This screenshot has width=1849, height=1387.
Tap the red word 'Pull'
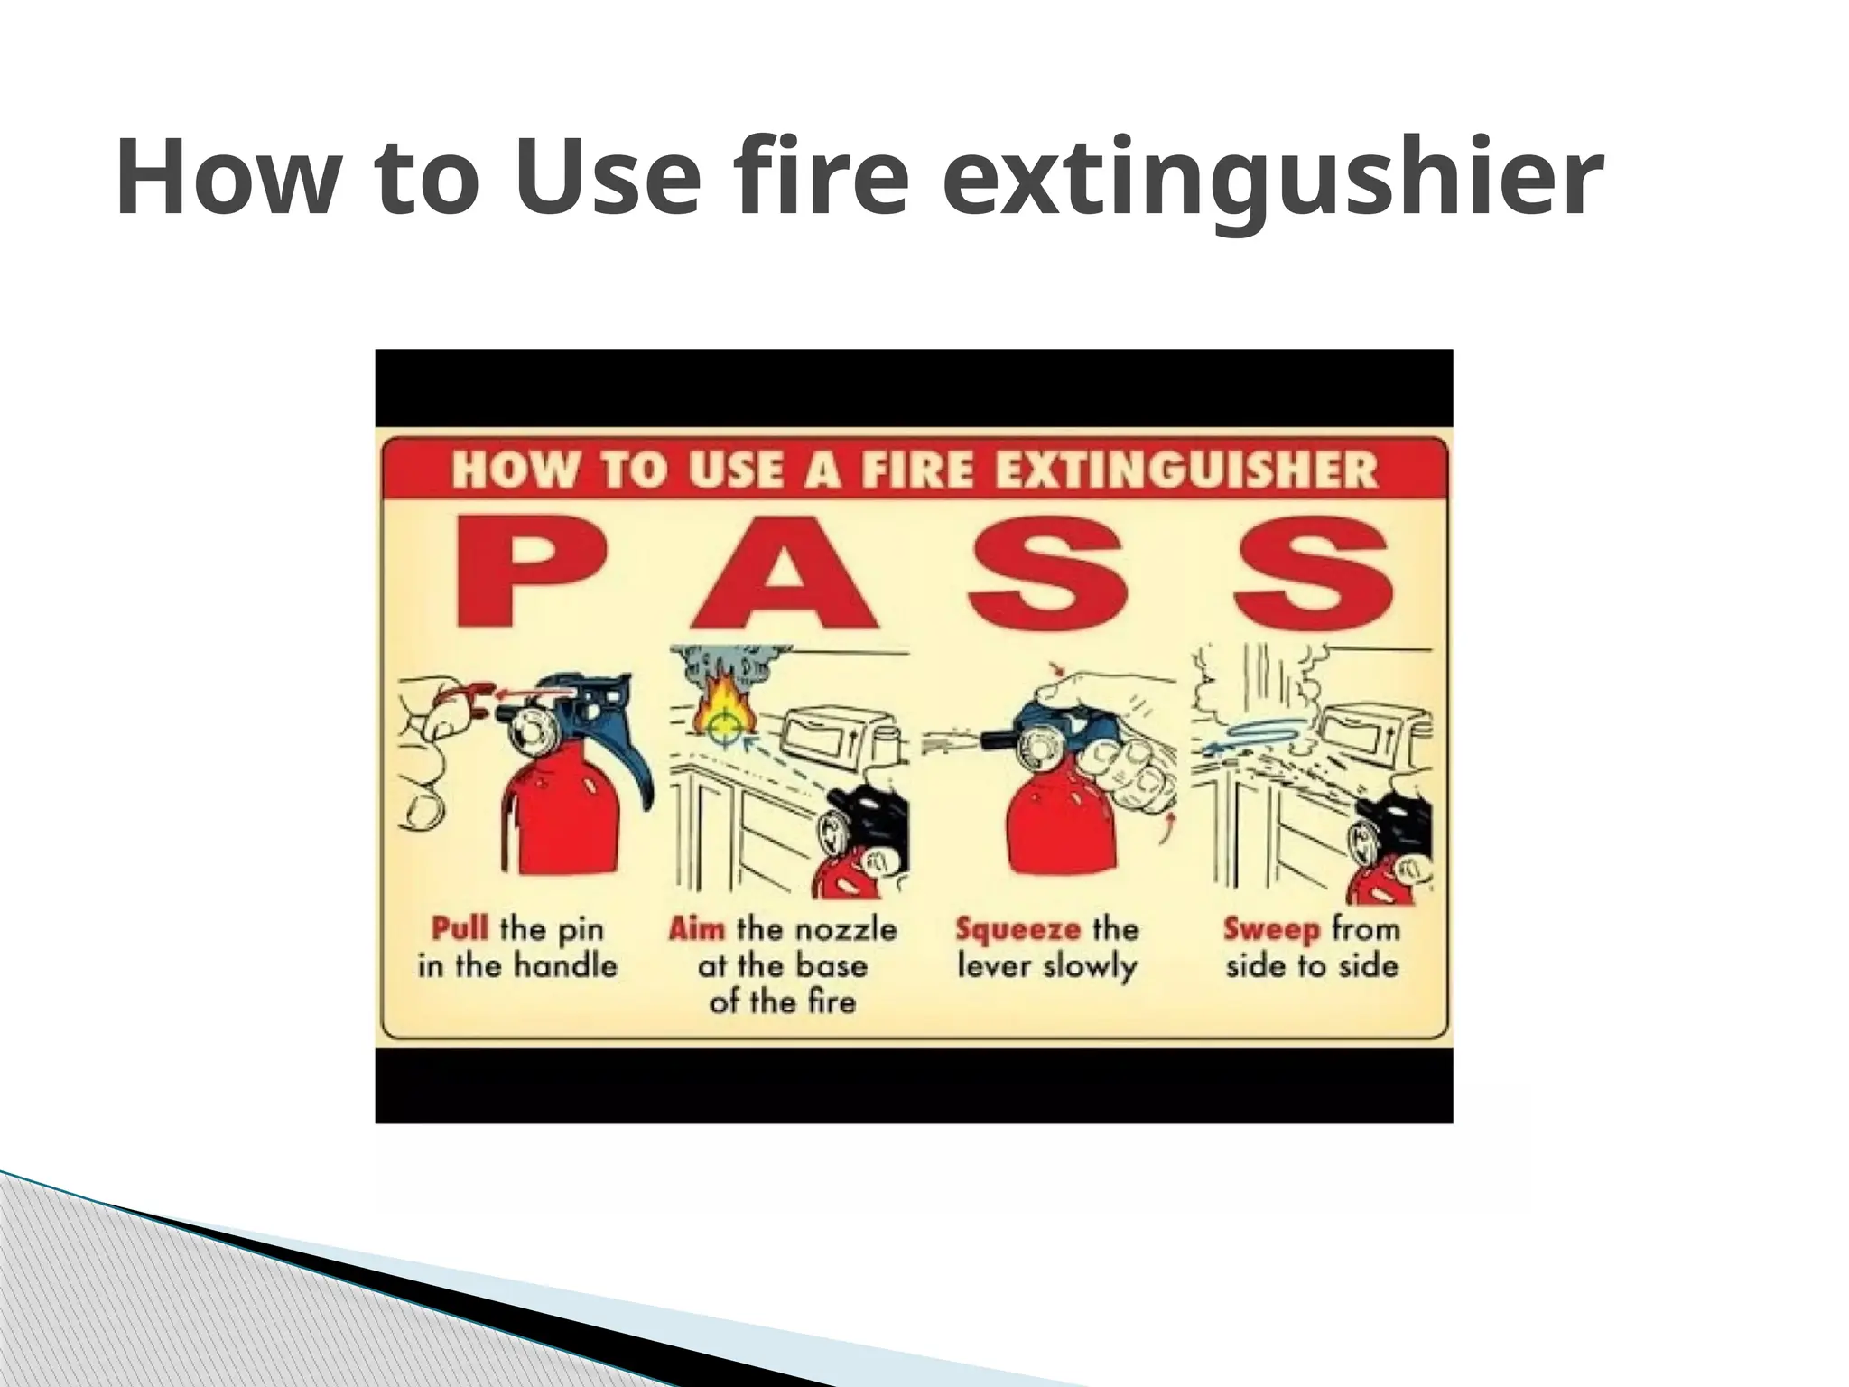click(460, 928)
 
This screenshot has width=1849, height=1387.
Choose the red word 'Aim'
click(696, 928)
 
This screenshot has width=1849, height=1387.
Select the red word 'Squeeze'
click(1017, 928)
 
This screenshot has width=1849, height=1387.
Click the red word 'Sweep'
click(1272, 928)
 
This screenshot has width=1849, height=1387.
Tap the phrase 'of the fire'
click(782, 1002)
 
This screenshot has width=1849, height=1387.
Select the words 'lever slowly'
click(1046, 967)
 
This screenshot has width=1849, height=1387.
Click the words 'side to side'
click(1311, 967)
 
